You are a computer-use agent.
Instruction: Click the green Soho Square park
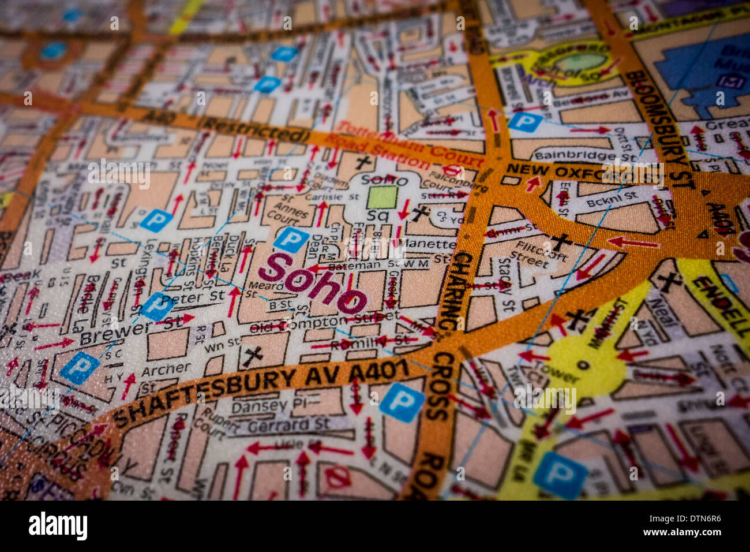pyautogui.click(x=382, y=197)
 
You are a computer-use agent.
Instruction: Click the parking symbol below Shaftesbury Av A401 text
pyautogui.click(x=402, y=402)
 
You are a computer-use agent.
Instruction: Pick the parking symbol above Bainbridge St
pyautogui.click(x=524, y=122)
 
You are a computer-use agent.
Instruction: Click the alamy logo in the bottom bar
pyautogui.click(x=58, y=526)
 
